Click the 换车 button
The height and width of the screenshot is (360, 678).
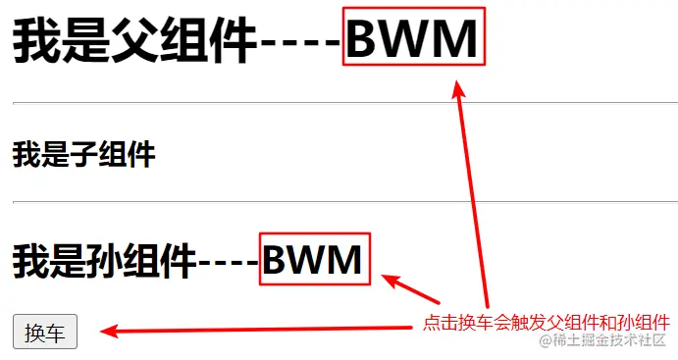point(44,333)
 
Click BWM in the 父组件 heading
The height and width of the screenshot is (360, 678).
point(413,39)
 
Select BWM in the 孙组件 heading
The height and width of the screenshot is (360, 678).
point(314,260)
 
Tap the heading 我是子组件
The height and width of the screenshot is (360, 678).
point(83,154)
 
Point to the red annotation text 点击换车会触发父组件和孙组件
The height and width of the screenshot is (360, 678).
point(547,322)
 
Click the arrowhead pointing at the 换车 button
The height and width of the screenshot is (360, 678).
point(113,332)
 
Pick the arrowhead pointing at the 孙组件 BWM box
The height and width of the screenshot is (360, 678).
point(391,283)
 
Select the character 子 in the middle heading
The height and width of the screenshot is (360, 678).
point(83,154)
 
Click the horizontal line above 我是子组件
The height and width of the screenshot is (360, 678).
point(339,102)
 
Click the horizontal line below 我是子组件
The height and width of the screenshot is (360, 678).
point(339,202)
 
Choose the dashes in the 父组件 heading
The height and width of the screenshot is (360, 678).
point(300,41)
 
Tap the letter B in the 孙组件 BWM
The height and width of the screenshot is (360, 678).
point(279,260)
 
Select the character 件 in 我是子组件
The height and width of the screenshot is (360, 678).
point(142,154)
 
